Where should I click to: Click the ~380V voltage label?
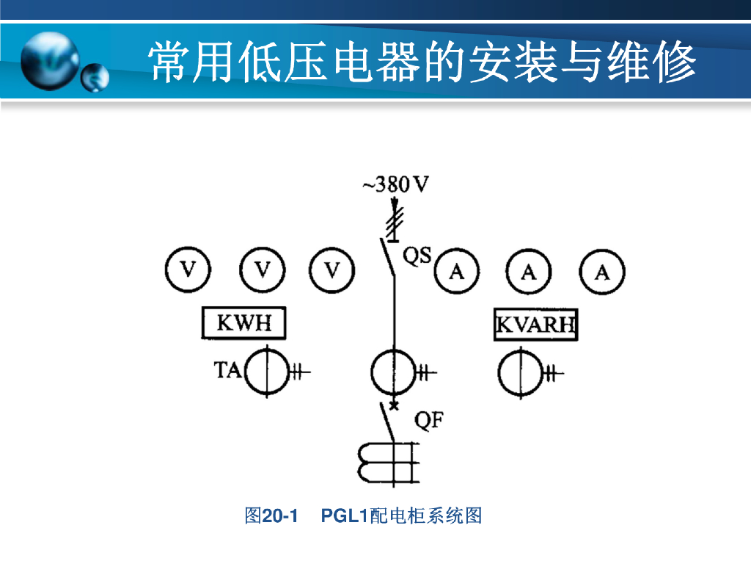coord(395,184)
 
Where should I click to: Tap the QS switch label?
coord(418,256)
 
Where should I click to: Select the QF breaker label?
coord(429,421)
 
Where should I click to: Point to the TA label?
coord(227,370)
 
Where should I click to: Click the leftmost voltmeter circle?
coord(188,271)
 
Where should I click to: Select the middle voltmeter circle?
coord(262,271)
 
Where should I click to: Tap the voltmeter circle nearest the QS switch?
coord(333,271)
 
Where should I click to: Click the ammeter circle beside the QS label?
coord(457,272)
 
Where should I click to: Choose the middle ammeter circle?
coord(529,272)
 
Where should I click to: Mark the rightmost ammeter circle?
coord(602,272)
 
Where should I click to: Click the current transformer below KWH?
coord(265,373)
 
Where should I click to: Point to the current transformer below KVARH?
coord(519,373)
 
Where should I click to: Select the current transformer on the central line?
coord(393,373)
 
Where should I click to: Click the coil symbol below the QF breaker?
coord(385,463)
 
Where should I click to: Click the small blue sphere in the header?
coord(95,76)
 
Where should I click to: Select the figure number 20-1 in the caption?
coord(280,516)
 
